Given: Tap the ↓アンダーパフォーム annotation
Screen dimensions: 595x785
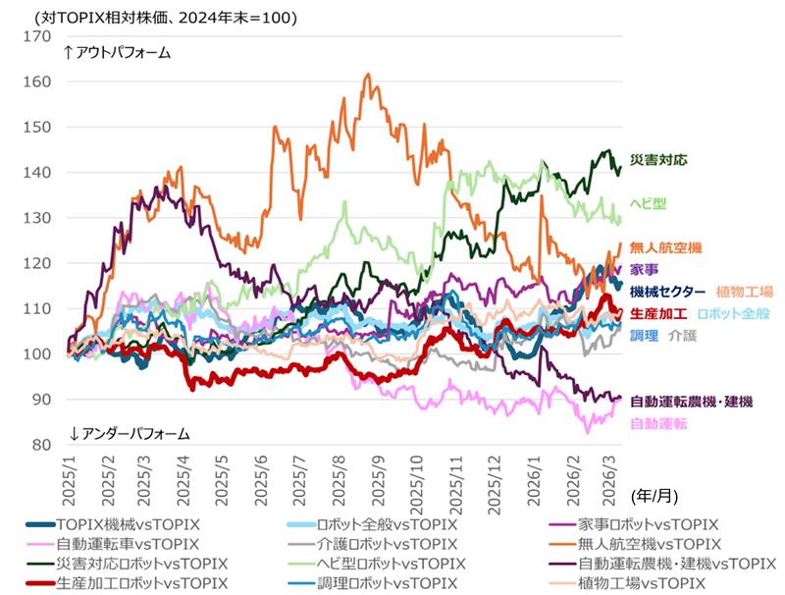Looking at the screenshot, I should coord(126,433).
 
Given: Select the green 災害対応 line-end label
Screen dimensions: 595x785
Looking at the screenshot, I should coord(657,159).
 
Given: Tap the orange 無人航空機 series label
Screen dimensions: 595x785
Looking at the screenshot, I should coord(664,247).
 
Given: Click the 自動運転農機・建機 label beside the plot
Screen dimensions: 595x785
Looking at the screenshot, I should coord(691,402).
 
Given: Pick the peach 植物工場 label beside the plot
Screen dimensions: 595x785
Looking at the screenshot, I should coord(745,292).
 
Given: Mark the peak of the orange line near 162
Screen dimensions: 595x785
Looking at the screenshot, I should coord(367,74).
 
